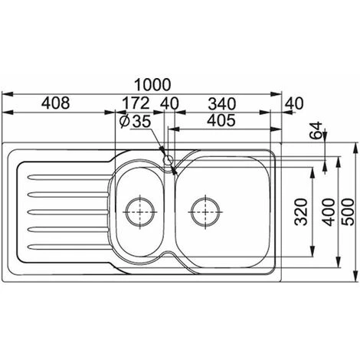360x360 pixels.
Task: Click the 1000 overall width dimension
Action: click(x=152, y=85)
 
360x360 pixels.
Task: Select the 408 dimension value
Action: click(x=56, y=103)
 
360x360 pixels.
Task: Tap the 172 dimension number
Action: click(x=136, y=103)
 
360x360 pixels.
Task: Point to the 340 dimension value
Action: click(x=222, y=103)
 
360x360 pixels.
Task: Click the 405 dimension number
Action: click(x=221, y=120)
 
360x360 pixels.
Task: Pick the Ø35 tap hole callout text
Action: click(x=135, y=121)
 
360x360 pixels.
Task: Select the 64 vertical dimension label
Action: click(x=316, y=130)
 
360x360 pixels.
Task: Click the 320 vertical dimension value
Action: click(x=300, y=211)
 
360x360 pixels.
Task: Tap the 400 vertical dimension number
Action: click(x=329, y=212)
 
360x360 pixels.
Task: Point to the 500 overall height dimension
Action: click(x=348, y=212)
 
